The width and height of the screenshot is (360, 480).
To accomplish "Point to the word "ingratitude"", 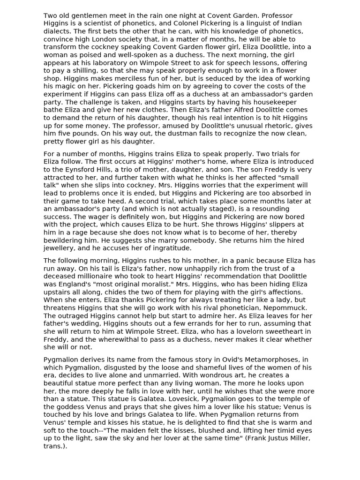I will click(x=166, y=248).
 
